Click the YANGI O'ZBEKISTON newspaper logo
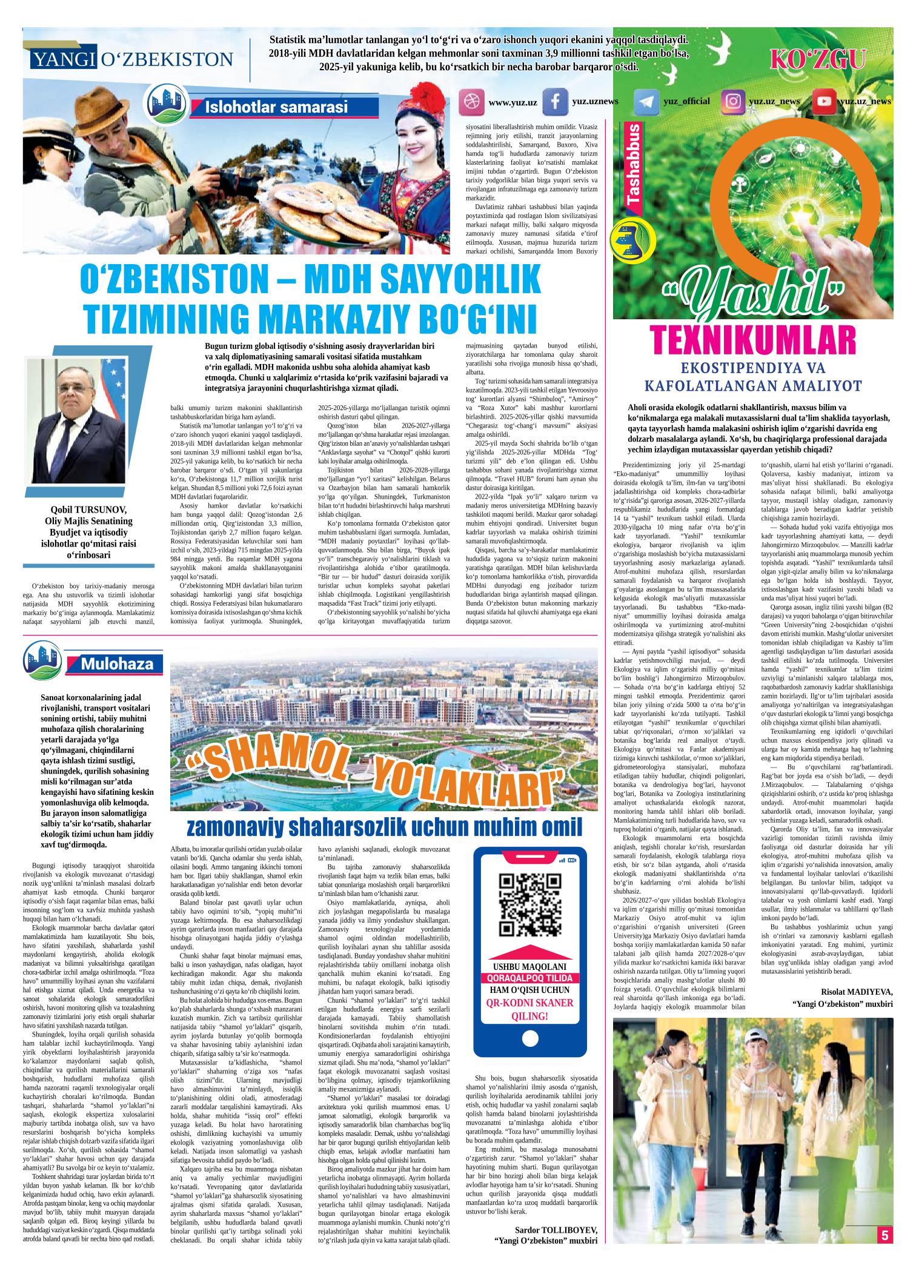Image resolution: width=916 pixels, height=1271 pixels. pos(131,59)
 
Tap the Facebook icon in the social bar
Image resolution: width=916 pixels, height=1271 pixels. pos(554,102)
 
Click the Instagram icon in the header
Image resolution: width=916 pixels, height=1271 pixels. pos(733,102)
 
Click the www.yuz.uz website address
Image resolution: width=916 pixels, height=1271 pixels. pos(513,103)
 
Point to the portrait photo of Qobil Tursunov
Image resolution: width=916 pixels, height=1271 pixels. pos(75,420)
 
